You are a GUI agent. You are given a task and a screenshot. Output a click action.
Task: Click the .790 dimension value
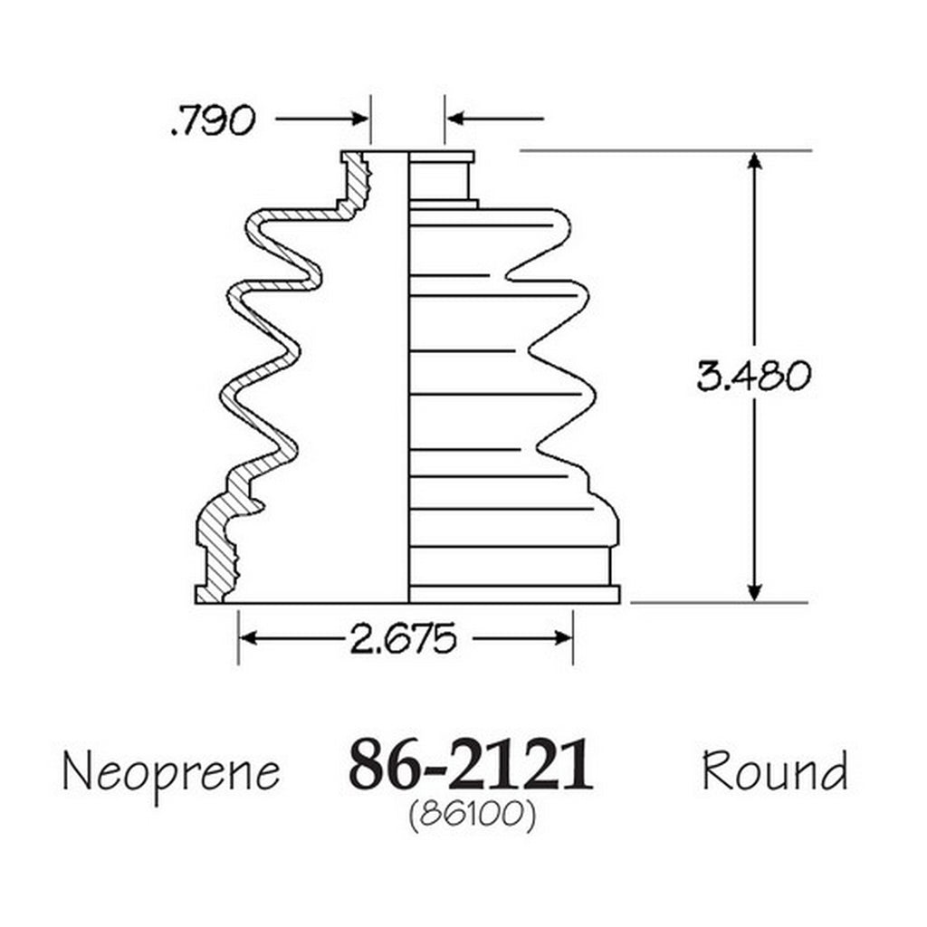point(214,120)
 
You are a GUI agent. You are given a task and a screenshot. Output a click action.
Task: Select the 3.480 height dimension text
point(754,376)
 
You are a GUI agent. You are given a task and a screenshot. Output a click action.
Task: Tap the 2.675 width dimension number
point(404,638)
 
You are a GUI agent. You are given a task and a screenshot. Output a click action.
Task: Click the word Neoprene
point(171,772)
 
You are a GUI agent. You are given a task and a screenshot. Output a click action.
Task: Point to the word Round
point(775,769)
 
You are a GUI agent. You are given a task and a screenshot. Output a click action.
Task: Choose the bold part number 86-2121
point(471,764)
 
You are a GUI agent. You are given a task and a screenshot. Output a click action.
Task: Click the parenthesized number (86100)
point(473,816)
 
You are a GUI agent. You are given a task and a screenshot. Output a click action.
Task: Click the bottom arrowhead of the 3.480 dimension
point(754,593)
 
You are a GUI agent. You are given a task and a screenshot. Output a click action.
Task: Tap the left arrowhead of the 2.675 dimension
point(248,638)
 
